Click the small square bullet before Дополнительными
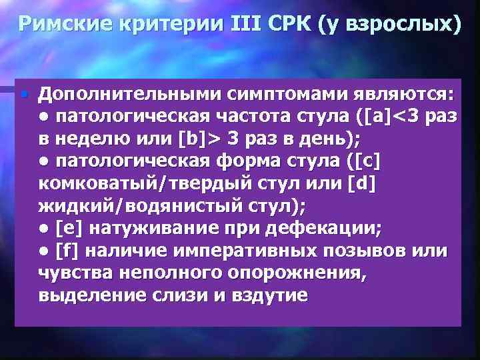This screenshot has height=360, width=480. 24,93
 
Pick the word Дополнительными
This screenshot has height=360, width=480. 127,94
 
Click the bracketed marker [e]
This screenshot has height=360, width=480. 70,229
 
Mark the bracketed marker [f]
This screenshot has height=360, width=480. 69,251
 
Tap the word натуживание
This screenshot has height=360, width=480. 152,229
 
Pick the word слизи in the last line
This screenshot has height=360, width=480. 171,296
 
